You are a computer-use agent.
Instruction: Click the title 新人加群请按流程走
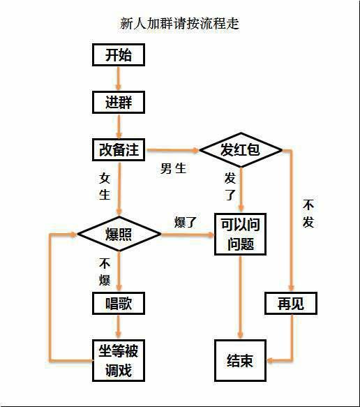coord(179,24)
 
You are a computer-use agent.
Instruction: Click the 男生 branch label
coord(173,168)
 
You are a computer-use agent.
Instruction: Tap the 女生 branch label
coord(105,186)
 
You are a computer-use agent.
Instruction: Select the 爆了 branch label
coord(186,222)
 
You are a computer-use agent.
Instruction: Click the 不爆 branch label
coord(105,272)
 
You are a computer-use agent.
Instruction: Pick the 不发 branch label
coord(308,214)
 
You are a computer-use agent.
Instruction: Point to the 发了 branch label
coord(230,186)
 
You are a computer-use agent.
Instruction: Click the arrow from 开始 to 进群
coord(119,79)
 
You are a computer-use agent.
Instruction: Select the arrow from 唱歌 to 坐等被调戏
coord(119,327)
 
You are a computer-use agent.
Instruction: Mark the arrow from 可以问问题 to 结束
coord(241,297)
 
